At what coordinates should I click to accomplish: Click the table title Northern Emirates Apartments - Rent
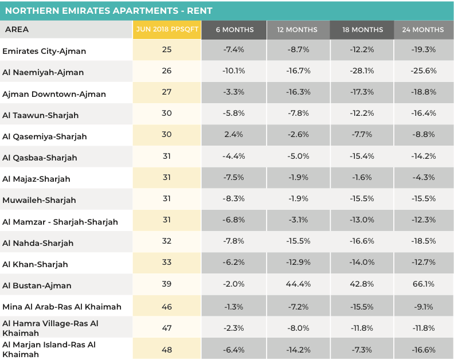(x=109, y=10)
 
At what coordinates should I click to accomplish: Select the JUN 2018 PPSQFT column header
(x=167, y=30)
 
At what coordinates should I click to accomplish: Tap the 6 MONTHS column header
(x=234, y=30)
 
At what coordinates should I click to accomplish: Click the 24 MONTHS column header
(x=423, y=30)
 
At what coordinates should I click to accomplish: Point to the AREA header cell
(x=17, y=30)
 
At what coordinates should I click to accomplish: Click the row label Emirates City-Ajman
(x=44, y=51)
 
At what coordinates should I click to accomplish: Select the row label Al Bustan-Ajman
(x=37, y=285)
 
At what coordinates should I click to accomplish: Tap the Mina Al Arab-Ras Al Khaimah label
(x=62, y=307)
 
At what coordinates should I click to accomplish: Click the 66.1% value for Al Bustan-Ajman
(x=423, y=284)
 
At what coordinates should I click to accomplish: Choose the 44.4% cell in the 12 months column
(x=298, y=284)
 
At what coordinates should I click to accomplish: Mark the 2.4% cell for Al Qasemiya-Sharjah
(x=234, y=135)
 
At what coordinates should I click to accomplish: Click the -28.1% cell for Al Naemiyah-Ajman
(x=362, y=71)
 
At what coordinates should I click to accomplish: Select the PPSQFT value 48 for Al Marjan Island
(x=167, y=349)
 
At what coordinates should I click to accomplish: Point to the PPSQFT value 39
(x=167, y=284)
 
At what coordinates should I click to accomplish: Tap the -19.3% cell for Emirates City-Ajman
(x=423, y=50)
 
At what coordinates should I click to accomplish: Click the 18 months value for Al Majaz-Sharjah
(x=362, y=178)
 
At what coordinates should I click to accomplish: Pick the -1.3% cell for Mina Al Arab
(x=234, y=307)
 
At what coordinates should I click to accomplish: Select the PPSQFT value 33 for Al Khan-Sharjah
(x=167, y=263)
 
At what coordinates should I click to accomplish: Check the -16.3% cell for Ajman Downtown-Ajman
(x=298, y=92)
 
